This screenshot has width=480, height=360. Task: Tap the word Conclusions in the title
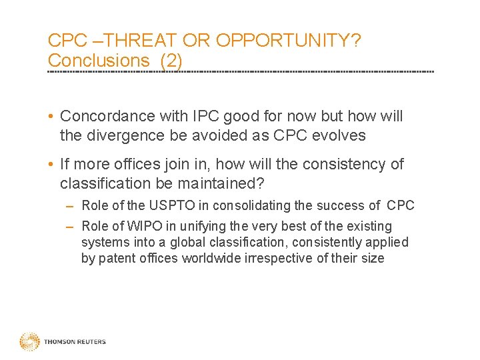(99, 60)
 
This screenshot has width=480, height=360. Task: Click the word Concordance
(108, 117)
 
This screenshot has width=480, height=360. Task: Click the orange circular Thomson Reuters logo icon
(29, 342)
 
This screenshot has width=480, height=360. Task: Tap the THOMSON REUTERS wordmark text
(75, 342)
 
